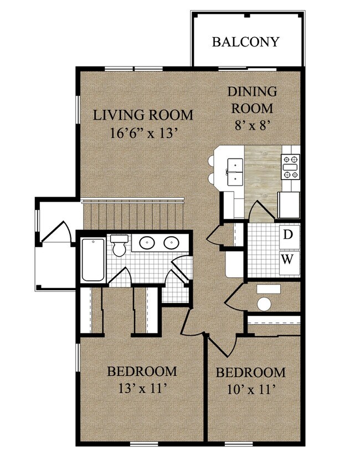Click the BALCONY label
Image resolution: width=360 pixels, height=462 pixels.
(245, 42)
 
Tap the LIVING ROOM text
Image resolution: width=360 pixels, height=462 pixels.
(143, 115)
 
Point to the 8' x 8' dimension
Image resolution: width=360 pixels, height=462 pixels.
(253, 126)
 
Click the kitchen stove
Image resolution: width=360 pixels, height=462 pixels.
(290, 167)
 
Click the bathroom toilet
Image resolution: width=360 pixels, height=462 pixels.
(119, 245)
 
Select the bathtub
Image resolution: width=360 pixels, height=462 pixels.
(93, 260)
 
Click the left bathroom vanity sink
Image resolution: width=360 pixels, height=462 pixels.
(147, 243)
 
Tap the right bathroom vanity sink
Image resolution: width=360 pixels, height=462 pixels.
(172, 243)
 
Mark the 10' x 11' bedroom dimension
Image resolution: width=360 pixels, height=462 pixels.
(251, 390)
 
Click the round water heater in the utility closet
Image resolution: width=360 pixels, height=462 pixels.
(264, 304)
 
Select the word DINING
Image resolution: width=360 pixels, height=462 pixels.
(252, 91)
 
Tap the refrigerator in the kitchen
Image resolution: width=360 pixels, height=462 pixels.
(289, 205)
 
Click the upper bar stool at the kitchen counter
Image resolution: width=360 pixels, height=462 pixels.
(211, 161)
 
